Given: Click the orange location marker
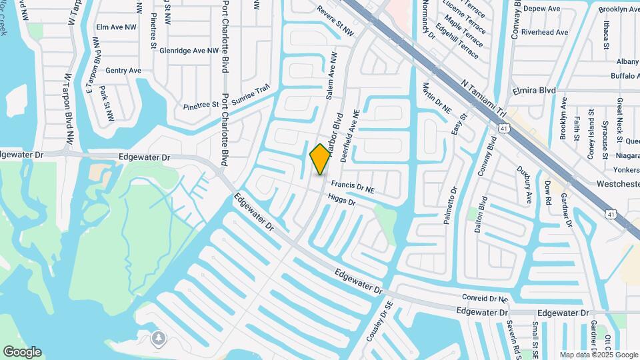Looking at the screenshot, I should coord(320,159).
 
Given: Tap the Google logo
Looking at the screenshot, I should coord(23,352).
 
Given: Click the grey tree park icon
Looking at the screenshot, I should coord(158,338).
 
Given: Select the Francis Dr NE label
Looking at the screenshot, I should coord(353,189).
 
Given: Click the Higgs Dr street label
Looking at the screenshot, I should coord(342,199).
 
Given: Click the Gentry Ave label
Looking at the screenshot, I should coord(123,70).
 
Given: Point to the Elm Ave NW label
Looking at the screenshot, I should coord(116,27).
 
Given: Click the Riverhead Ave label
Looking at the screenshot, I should coord(545,32).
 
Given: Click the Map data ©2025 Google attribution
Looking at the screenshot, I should coord(599,355).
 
